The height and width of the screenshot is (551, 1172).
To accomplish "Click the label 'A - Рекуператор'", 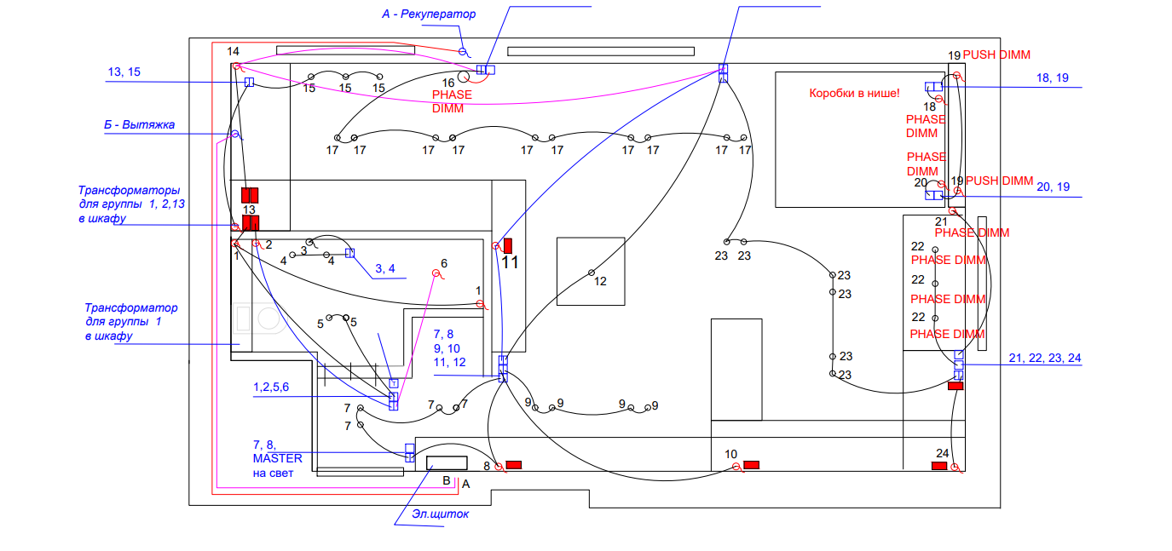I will (428, 14).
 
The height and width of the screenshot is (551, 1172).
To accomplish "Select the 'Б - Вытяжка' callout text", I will (139, 125).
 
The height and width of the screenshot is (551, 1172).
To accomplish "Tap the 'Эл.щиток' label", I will (441, 514).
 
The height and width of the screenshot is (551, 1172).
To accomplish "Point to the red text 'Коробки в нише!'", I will (853, 93).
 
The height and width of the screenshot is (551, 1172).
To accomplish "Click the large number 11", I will (510, 263).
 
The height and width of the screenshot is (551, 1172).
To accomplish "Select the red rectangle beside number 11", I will (509, 245).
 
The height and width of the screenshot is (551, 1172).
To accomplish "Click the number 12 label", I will (600, 282).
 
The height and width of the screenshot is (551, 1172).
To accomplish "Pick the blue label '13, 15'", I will (124, 72).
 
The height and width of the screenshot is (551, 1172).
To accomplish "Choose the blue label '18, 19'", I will (1052, 77).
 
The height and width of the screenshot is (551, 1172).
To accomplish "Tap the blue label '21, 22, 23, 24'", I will (1044, 359).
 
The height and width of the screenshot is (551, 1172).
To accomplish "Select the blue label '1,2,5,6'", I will (271, 387).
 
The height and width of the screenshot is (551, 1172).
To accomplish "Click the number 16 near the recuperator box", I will (447, 83).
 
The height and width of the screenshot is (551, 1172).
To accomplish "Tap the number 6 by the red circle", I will (444, 263).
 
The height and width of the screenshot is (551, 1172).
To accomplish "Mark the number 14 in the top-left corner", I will (233, 52).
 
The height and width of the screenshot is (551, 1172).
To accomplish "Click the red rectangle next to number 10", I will (751, 464).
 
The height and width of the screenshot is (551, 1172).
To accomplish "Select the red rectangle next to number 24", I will (938, 466).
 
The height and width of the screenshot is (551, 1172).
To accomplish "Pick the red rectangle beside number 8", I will (514, 464).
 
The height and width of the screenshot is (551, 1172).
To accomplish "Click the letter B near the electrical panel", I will (446, 480).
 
